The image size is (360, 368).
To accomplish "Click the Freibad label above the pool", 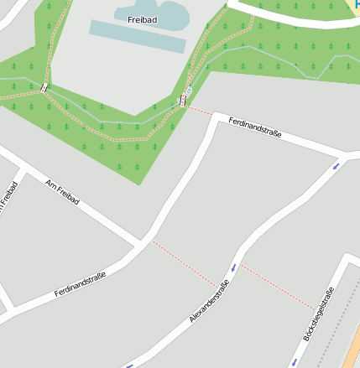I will point(142,19).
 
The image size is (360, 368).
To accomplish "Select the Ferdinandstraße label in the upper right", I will point(254,128).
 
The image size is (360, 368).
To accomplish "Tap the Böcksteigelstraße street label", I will point(318,314).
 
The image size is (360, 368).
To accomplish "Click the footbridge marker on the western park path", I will point(44,87).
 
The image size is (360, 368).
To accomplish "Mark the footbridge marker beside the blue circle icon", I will point(182,101).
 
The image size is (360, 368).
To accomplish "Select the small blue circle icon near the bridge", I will point(189,91).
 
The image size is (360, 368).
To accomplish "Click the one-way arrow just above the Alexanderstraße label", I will point(232,267).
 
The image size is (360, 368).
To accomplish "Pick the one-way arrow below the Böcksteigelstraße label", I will point(295,361).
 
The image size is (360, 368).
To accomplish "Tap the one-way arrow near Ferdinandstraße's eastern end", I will point(336,165).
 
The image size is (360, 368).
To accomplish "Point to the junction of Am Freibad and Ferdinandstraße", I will point(140,244).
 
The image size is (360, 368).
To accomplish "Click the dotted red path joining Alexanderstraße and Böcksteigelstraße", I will point(278,287).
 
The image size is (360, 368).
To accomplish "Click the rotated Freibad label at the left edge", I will point(8,202).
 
